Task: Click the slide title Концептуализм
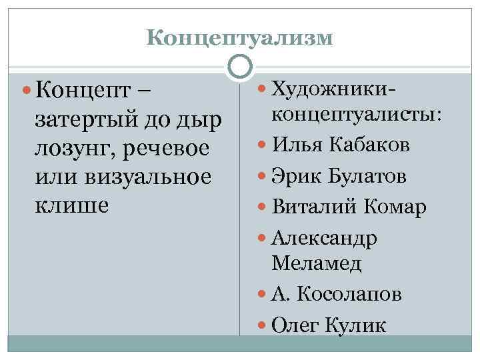[239, 37]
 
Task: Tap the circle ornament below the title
[240, 67]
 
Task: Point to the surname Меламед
[316, 263]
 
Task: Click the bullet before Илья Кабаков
[262, 145]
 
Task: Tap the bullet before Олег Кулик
[262, 325]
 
